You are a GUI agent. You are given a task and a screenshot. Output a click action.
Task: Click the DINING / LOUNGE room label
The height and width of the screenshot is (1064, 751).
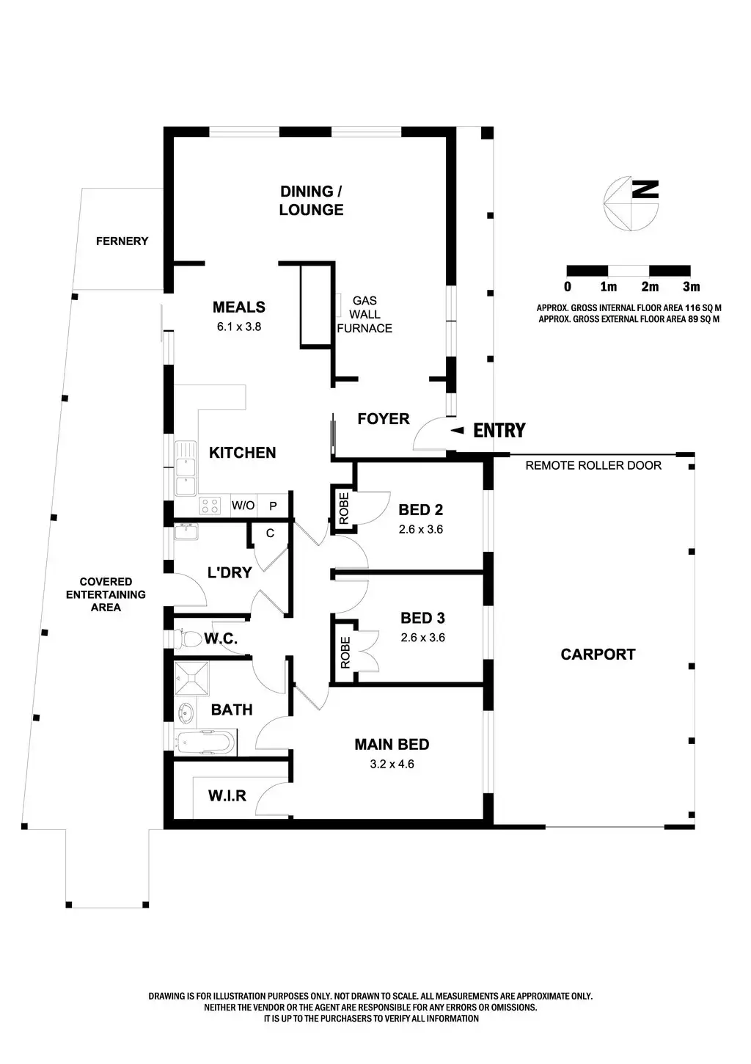311,200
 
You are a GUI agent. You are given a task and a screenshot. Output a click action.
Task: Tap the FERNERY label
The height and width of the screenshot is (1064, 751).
122,241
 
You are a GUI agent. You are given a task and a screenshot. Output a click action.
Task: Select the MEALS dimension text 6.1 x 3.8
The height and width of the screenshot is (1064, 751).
238,327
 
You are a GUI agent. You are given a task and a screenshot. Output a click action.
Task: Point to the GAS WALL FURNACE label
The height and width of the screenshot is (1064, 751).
364,314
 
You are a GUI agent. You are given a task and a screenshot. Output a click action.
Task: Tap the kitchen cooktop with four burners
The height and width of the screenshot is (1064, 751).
210,505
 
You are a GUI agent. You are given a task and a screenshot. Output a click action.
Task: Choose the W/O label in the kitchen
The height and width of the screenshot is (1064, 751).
243,506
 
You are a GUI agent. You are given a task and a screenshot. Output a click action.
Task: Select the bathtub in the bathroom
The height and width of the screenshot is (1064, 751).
206,741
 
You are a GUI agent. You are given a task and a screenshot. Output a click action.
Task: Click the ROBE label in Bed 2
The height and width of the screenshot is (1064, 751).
344,506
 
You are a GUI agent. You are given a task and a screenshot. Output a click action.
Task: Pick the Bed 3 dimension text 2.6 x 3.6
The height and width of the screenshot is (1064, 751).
422,638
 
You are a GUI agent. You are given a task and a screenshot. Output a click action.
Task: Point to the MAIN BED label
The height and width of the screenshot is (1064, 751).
392,744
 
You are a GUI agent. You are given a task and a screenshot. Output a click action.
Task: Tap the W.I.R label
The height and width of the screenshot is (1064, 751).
227,795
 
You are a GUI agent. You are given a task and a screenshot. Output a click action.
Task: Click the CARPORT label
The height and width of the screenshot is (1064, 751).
598,654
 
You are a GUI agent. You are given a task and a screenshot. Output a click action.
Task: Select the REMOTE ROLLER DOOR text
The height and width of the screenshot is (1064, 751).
593,465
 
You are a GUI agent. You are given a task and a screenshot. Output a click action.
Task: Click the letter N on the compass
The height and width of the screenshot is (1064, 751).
645,189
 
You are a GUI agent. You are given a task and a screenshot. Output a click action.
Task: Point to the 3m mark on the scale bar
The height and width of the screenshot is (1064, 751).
691,286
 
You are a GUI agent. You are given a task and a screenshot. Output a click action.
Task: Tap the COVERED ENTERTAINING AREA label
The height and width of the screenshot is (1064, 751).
106,594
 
